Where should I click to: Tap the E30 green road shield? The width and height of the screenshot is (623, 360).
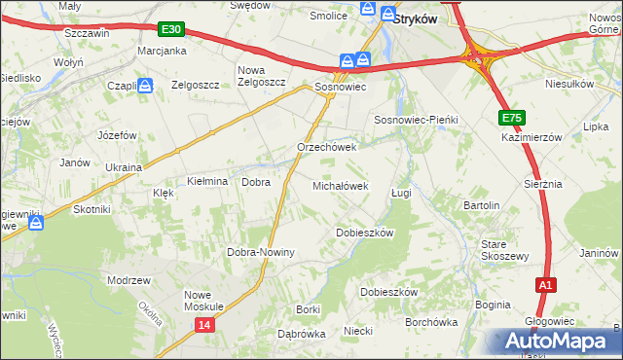[171, 32]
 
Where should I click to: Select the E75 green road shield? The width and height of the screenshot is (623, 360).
[513, 118]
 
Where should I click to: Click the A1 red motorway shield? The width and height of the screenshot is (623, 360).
[547, 285]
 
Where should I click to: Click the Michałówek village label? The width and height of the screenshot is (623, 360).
[340, 185]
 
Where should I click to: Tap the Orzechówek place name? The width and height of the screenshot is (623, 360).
[327, 147]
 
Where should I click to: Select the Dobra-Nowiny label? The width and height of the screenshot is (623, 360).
[261, 252]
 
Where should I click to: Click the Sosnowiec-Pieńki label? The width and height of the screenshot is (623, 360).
[416, 119]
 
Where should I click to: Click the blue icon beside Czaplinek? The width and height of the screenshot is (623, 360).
[145, 87]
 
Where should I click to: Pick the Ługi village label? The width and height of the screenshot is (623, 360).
[401, 193]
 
